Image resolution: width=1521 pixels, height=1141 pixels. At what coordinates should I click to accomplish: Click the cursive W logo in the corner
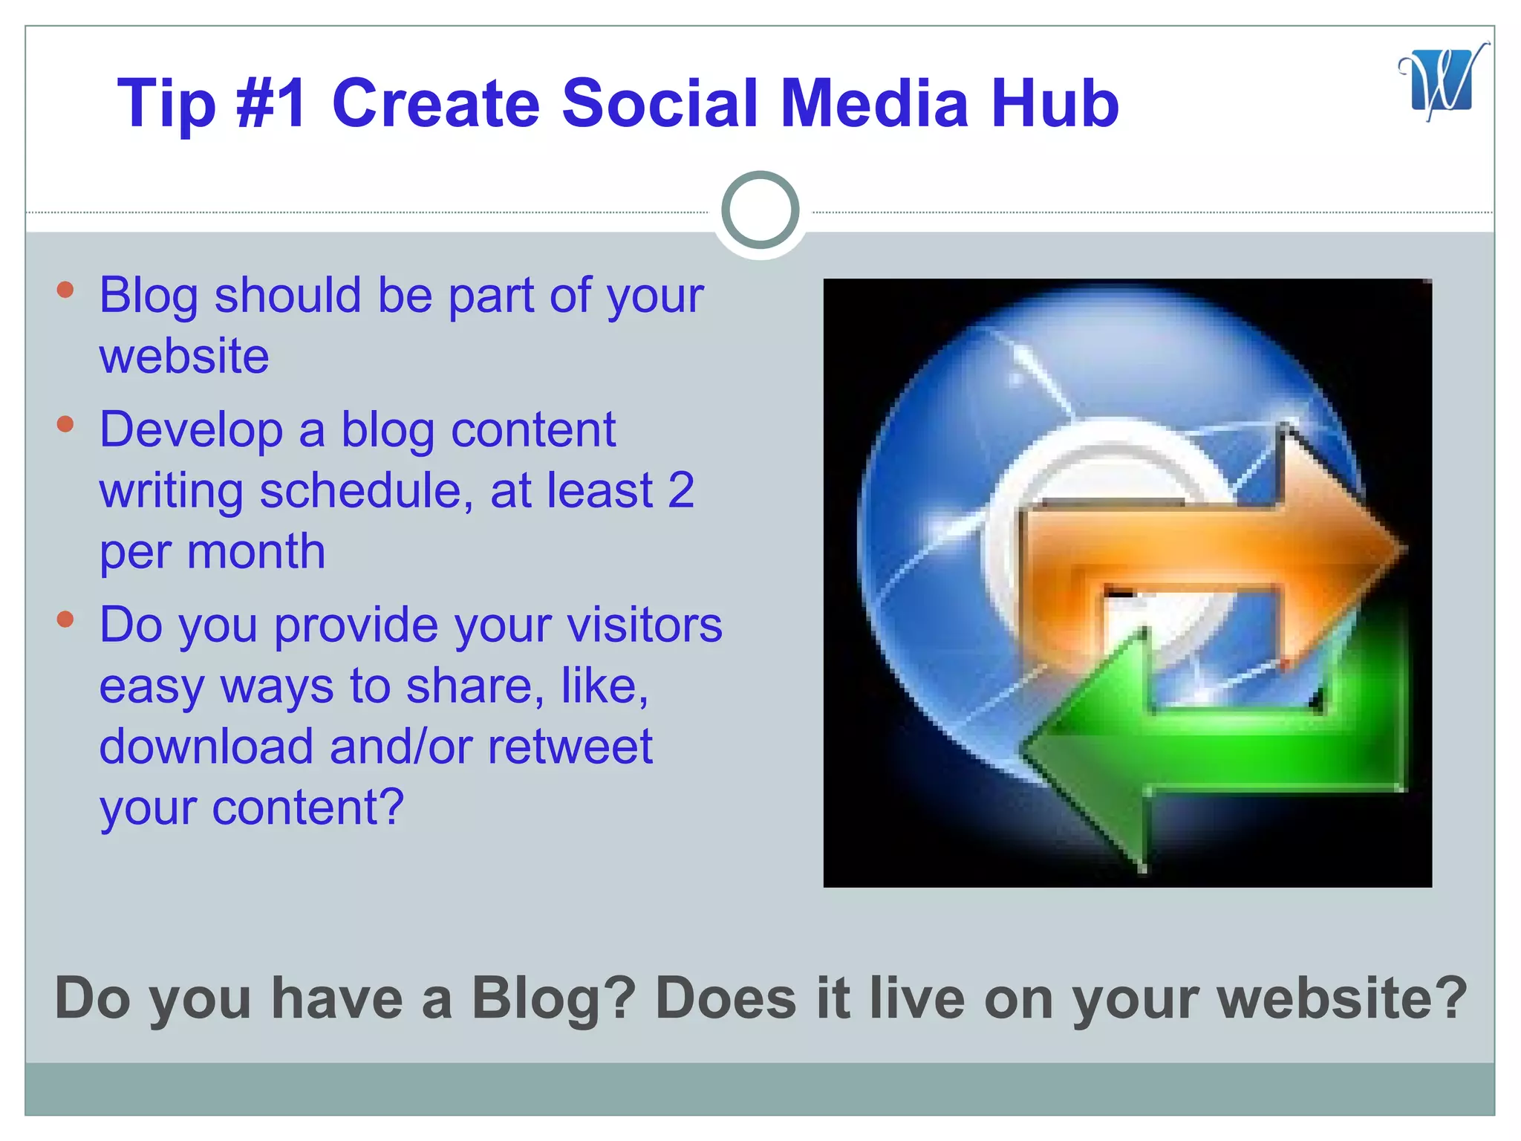[1442, 82]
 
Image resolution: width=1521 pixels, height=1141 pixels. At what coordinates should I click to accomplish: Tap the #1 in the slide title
[270, 103]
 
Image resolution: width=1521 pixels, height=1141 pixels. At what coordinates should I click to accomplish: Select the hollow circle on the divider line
[760, 209]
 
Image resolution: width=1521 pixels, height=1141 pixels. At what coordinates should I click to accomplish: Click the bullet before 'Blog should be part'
[65, 290]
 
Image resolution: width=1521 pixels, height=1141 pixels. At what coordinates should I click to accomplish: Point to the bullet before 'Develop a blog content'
[65, 424]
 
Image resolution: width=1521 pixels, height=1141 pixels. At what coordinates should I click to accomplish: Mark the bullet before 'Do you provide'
[65, 619]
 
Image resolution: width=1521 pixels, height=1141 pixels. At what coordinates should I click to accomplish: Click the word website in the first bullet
[184, 356]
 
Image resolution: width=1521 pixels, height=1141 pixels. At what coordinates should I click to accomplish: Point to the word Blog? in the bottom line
[553, 998]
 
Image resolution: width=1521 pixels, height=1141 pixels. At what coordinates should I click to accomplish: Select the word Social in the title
[661, 103]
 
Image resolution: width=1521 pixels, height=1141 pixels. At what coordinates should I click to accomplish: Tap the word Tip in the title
[166, 105]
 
